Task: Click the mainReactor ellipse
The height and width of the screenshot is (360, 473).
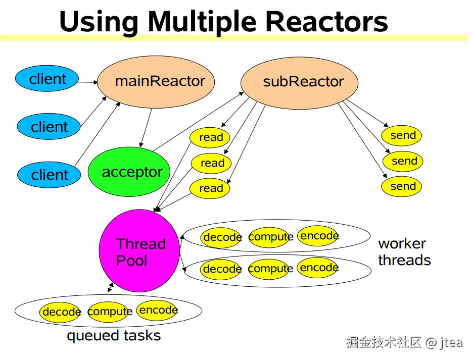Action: point(156,82)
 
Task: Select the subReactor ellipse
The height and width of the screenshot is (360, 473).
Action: point(299,83)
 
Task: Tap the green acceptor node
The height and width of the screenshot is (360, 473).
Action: point(129,172)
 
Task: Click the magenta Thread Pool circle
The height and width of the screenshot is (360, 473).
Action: point(139,251)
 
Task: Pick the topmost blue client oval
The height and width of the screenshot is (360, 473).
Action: point(47,78)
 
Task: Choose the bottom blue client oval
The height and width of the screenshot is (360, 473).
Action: point(49,175)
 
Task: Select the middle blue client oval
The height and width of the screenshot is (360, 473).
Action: point(49,127)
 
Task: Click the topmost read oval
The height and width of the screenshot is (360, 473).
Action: point(210,137)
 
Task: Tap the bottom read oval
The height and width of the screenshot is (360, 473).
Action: point(210,188)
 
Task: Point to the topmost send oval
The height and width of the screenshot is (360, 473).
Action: point(402,135)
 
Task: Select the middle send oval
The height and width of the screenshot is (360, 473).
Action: point(403,161)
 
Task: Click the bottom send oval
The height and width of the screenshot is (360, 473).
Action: point(402,187)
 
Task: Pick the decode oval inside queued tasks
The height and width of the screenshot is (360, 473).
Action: point(60,313)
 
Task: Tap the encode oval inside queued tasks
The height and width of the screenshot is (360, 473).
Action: point(157,310)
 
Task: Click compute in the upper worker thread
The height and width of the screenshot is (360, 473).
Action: point(270,237)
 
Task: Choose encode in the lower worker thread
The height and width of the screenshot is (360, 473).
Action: point(318,268)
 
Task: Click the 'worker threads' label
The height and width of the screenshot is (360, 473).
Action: point(404,252)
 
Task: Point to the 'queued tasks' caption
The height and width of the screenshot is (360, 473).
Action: point(114,336)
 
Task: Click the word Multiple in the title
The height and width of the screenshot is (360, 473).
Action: point(202,22)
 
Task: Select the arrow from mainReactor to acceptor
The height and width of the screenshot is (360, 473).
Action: point(146,128)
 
